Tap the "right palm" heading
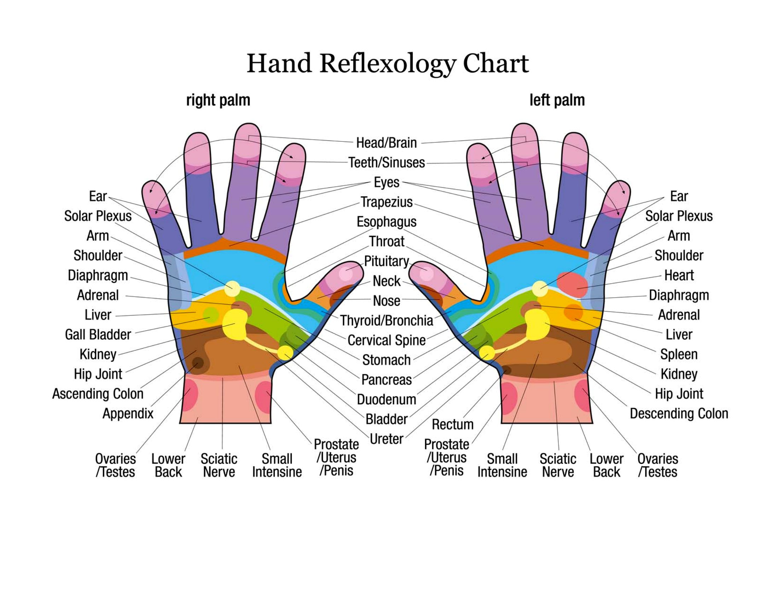218,100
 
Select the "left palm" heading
557,100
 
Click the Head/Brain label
387,143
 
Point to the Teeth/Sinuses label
387,163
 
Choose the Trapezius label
387,202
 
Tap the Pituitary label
387,261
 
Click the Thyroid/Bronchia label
387,320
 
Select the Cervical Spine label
387,340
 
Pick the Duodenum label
387,399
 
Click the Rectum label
453,424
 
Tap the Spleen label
679,355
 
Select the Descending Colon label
679,414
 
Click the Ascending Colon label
98,394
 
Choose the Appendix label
128,414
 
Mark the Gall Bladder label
98,335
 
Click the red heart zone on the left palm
572,284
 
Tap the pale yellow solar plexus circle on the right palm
233,288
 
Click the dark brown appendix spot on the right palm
198,363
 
